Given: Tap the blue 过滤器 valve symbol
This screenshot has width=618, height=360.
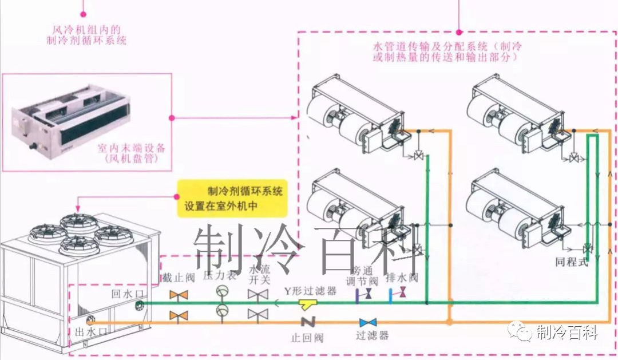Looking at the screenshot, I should coord(368,322).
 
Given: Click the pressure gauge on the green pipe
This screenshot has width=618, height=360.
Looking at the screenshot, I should coord(222,292).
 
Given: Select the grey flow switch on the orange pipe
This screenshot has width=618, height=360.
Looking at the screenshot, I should coord(258,314).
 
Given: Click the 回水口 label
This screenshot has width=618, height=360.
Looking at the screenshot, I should coord(129,293).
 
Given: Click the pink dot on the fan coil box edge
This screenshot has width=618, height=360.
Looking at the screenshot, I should coord(172,118).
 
